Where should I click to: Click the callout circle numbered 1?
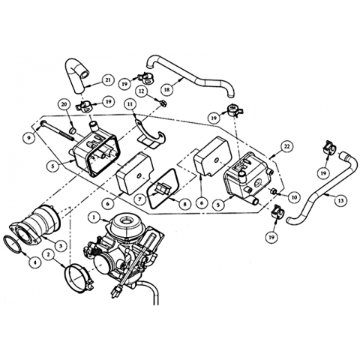click(x=94, y=217)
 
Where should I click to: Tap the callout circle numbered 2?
click(x=49, y=255)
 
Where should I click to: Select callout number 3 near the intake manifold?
click(x=61, y=246)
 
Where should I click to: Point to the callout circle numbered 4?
click(x=35, y=262)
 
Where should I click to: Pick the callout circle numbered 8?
click(x=184, y=204)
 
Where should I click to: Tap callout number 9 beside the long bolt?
click(x=29, y=138)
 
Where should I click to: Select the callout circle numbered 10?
click(x=294, y=197)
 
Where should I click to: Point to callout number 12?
click(x=142, y=91)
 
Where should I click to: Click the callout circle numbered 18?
click(x=166, y=89)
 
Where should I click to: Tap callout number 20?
click(x=64, y=106)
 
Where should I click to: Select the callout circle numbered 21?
click(x=108, y=80)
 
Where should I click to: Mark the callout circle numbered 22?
click(x=286, y=146)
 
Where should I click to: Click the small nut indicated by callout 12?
click(x=163, y=102)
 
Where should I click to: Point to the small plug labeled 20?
click(x=72, y=130)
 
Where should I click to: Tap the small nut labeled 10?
click(x=274, y=191)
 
